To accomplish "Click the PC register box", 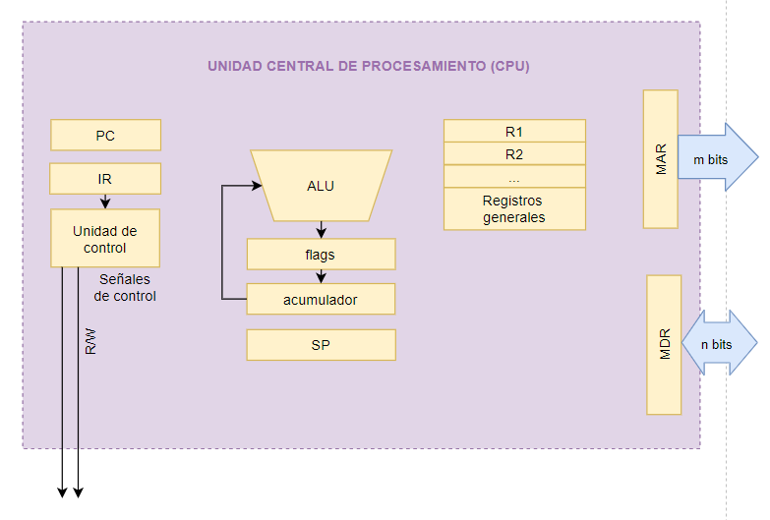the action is tap(105, 135).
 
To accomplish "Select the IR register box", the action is tap(105, 179).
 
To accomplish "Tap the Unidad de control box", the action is tap(105, 239).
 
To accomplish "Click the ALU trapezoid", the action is tap(322, 186).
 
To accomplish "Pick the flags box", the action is tap(322, 255).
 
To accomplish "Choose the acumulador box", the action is tap(321, 299).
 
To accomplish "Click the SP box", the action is tap(322, 345).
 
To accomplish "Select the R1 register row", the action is tap(514, 131).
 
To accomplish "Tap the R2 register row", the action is tap(514, 153).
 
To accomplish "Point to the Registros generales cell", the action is tap(514, 208).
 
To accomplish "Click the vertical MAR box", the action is tap(661, 159).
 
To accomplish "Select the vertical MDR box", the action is tap(664, 345).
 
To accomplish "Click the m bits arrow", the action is tap(718, 157).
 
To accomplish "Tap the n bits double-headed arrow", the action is tap(720, 343).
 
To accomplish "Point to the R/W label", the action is tap(90, 341).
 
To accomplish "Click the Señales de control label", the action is tap(125, 288).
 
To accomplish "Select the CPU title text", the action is tap(369, 66).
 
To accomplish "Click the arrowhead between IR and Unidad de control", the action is tap(105, 202).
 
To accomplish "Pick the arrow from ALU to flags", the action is tap(322, 230).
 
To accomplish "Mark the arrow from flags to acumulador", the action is tap(322, 276).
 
